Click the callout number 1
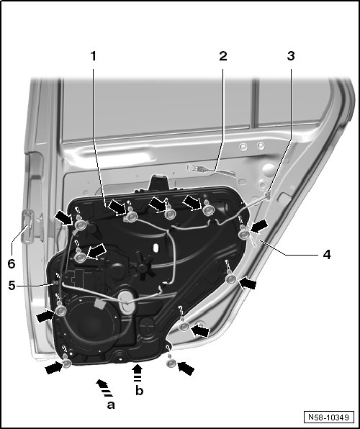pyautogui.click(x=94, y=56)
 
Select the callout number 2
pyautogui.click(x=223, y=56)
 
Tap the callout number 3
pyautogui.click(x=291, y=56)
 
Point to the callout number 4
pyautogui.click(x=327, y=254)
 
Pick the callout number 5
pyautogui.click(x=12, y=285)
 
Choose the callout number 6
pyautogui.click(x=12, y=263)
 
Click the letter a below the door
pyautogui.click(x=111, y=405)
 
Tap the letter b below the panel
pyautogui.click(x=140, y=391)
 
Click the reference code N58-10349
pyautogui.click(x=328, y=417)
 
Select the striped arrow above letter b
pyautogui.click(x=138, y=373)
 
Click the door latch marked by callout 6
pyautogui.click(x=28, y=226)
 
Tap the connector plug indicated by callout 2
pyautogui.click(x=197, y=168)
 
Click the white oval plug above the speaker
pyautogui.click(x=126, y=302)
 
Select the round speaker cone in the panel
pyautogui.click(x=90, y=324)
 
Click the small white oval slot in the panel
pyautogui.click(x=156, y=248)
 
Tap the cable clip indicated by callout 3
pyautogui.click(x=268, y=194)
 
